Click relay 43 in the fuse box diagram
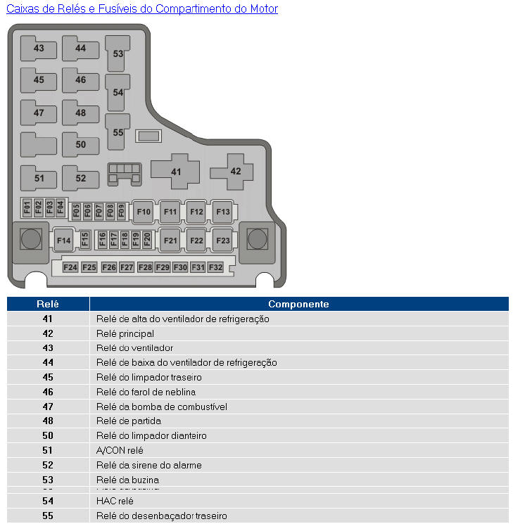coord(39,49)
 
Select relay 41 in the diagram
coord(175,172)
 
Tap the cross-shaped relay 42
coord(235,172)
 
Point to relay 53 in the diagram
coord(118,53)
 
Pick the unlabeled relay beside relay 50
coord(39,145)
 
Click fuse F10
coord(144,212)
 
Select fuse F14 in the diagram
coord(63,241)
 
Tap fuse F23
coord(223,241)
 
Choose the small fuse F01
coord(27,207)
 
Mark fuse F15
coord(84,239)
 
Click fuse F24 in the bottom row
coord(70,267)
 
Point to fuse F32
coord(215,267)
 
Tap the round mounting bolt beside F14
coord(31,239)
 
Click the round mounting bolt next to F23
coord(258,239)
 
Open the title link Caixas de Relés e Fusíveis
coord(142,8)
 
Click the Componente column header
coord(298,304)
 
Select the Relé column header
coord(48,304)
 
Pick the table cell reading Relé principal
coord(125,333)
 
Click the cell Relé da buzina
coord(127,480)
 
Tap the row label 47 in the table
coord(48,407)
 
